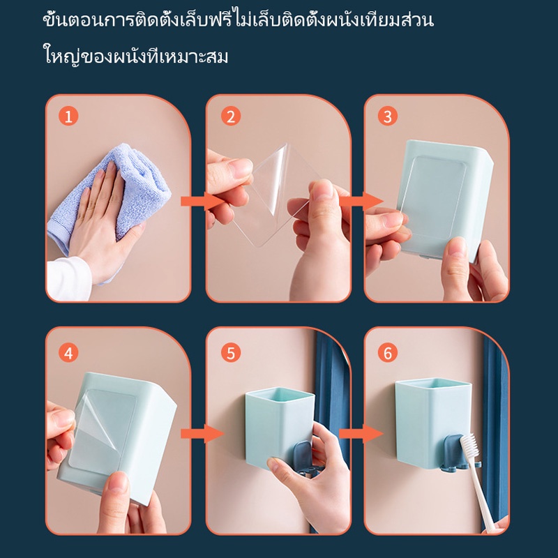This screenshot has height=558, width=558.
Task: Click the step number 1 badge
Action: [68, 116]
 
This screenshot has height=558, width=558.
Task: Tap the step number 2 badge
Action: [231, 116]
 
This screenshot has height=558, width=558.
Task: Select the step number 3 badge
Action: [388, 116]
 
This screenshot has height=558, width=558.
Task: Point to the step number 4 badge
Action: [68, 353]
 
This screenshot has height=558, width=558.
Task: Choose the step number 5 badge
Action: [231, 353]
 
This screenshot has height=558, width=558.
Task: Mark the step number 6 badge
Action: [388, 353]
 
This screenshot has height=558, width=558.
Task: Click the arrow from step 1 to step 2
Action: [202, 201]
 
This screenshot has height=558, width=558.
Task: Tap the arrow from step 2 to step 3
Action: [361, 201]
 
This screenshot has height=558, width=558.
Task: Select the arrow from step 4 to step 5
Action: [202, 433]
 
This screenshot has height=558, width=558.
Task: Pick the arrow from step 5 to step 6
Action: [361, 433]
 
